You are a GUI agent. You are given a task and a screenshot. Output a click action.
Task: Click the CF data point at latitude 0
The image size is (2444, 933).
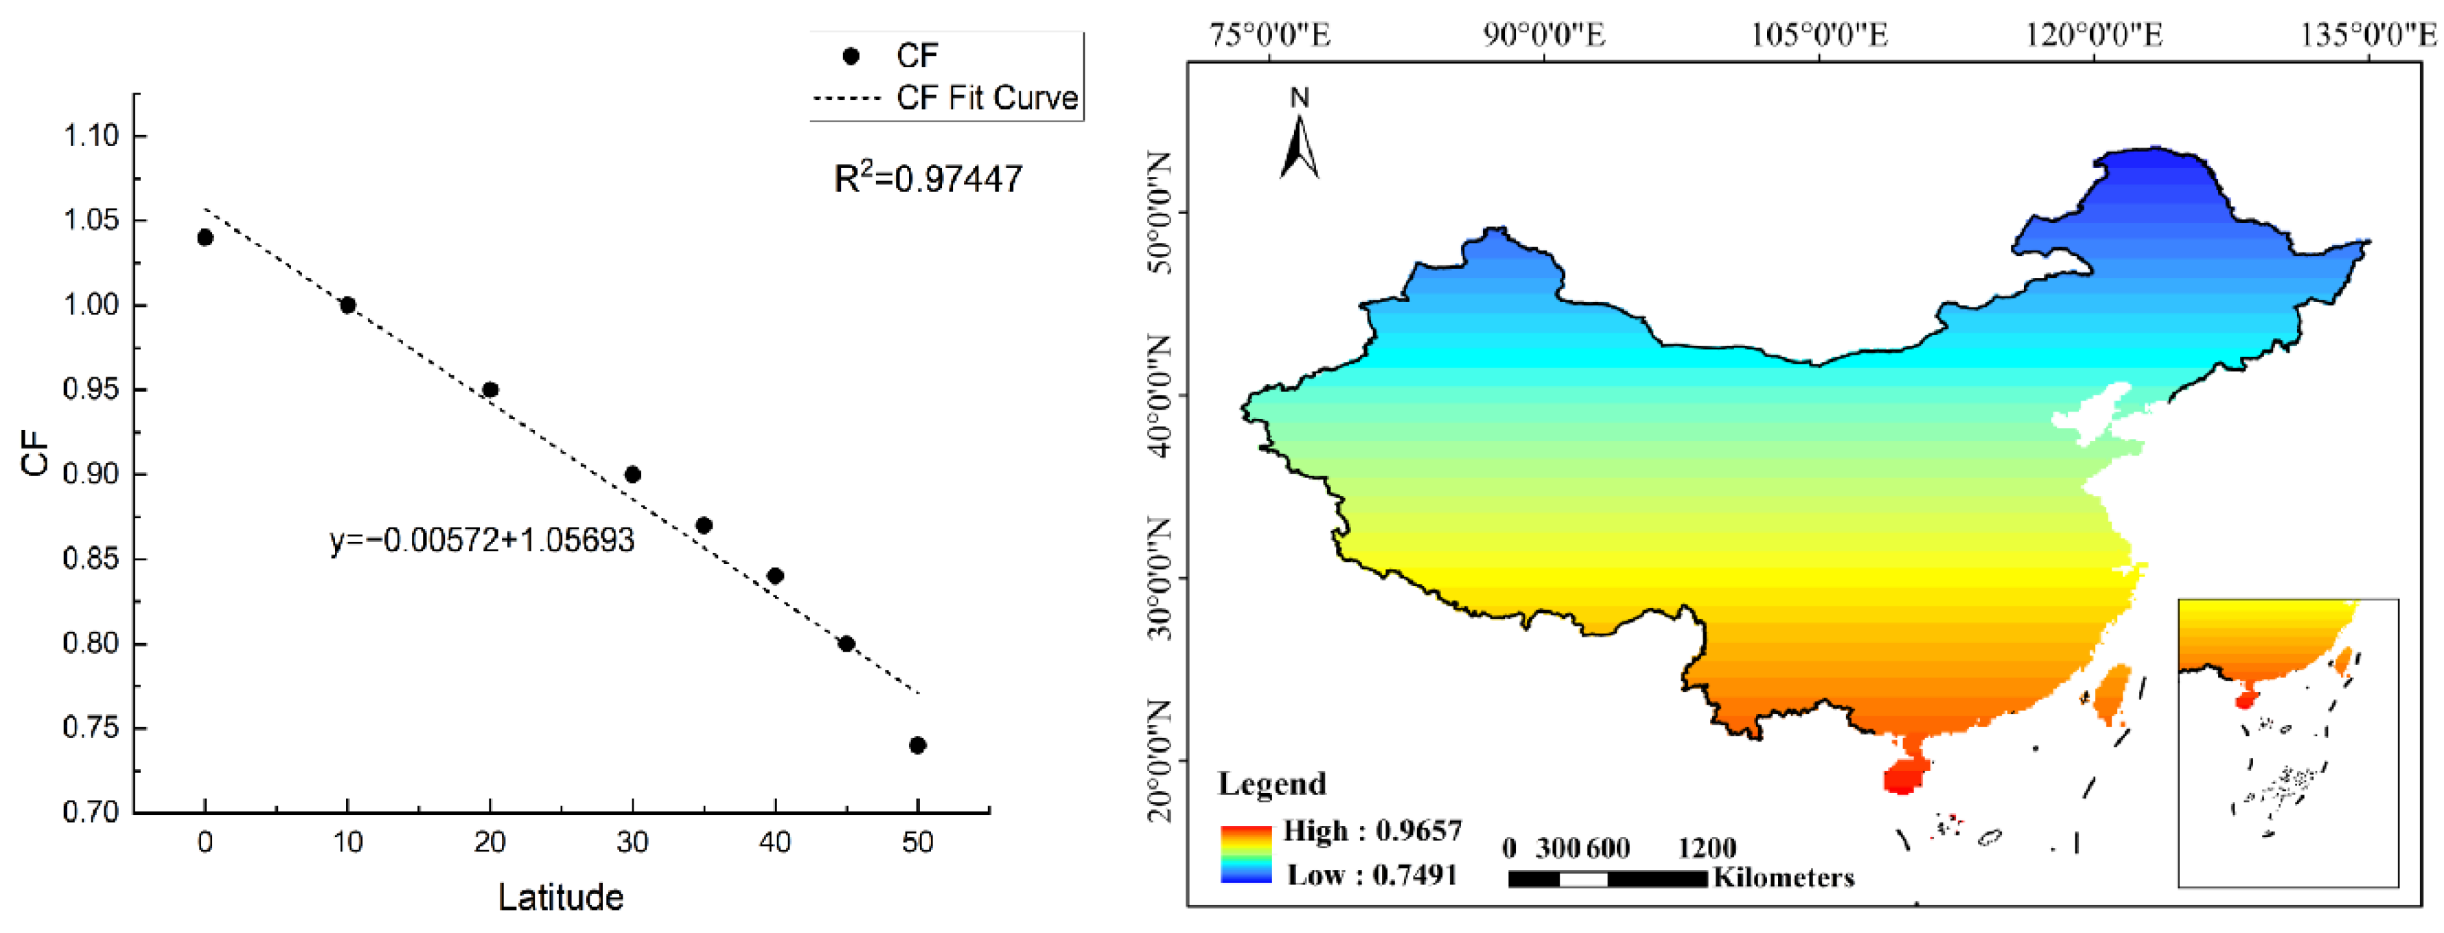205,237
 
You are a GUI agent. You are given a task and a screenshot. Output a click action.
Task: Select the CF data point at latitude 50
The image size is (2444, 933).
917,745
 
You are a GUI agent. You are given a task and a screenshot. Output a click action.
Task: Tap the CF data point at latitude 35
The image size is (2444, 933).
704,525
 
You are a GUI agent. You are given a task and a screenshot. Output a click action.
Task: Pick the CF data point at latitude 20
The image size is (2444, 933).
490,390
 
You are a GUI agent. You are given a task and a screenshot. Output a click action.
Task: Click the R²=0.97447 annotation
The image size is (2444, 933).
928,178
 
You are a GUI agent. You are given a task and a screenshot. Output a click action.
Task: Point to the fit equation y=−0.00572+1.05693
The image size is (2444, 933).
482,539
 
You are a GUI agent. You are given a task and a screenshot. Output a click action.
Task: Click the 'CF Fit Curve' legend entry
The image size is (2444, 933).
987,97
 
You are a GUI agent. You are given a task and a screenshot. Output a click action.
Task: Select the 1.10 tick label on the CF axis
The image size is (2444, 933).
91,136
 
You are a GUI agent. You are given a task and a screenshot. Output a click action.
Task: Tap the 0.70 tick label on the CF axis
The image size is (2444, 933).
91,812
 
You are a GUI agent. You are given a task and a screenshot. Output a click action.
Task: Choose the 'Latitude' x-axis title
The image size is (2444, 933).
561,897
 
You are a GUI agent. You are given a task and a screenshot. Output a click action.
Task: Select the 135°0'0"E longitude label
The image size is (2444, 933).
2368,35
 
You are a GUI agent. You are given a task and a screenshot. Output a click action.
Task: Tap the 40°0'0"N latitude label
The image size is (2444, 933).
1160,395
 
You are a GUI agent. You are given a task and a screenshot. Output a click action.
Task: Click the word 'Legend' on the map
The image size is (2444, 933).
1272,783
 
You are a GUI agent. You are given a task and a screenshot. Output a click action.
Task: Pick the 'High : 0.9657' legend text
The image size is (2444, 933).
1372,831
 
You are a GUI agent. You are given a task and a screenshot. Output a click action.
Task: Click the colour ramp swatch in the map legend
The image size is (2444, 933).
1246,853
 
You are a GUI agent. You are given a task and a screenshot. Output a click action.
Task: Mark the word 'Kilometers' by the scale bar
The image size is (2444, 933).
1784,877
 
